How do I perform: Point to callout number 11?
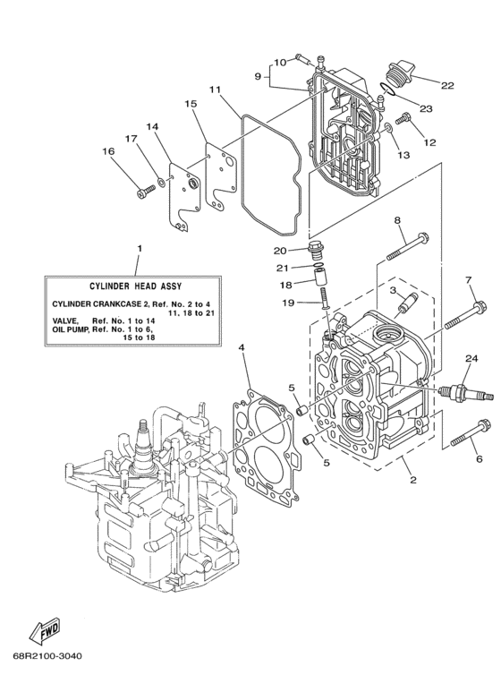point(215,90)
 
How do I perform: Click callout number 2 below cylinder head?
point(412,480)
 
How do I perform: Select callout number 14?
point(152,127)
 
